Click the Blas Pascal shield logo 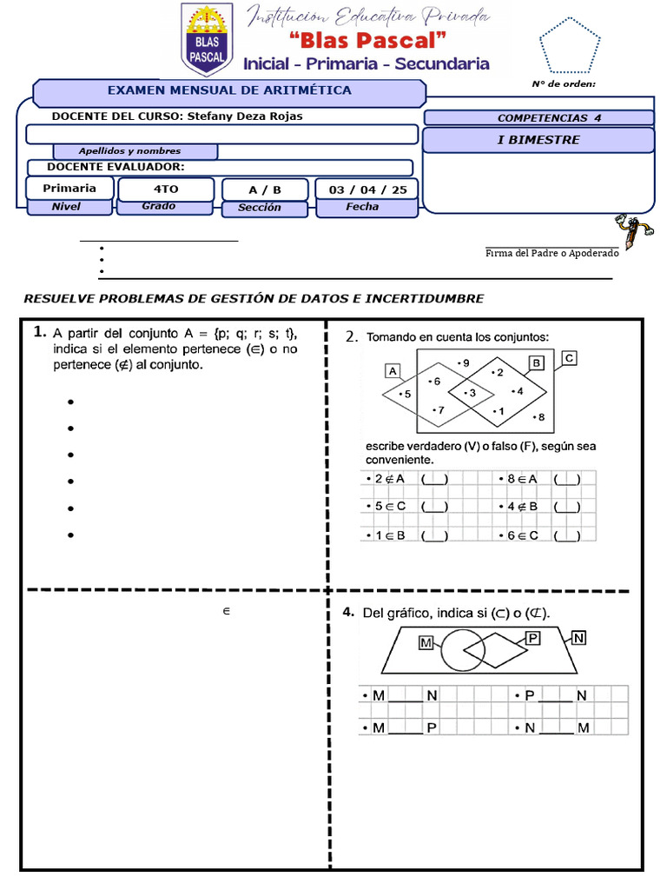click(206, 38)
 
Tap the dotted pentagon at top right click(569, 44)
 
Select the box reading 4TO click(164, 189)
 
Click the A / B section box click(265, 189)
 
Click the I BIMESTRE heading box click(538, 140)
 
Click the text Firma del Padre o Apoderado click(552, 252)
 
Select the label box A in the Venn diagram click(393, 371)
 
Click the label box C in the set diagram click(569, 357)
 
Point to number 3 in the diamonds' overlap click(470, 394)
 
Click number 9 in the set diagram click(464, 362)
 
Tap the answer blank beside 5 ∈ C click(434, 506)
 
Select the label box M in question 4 click(426, 643)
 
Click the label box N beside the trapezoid click(578, 638)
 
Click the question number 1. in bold click(39, 331)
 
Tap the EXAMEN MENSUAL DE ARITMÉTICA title click(229, 90)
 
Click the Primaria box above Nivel click(69, 188)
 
